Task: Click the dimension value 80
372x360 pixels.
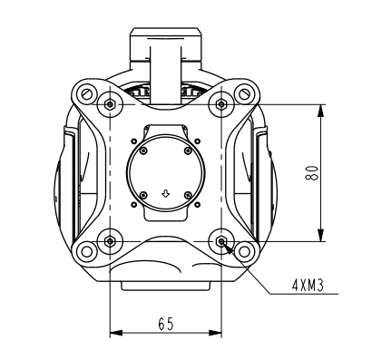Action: click(x=310, y=172)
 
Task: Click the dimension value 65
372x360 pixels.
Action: click(x=165, y=322)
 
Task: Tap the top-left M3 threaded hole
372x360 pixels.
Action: click(x=110, y=104)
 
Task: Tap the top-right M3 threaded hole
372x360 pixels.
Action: click(x=222, y=104)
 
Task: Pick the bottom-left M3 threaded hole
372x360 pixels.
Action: click(x=110, y=241)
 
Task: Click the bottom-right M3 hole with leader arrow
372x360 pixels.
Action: click(x=222, y=241)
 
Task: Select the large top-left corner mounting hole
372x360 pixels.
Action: click(x=85, y=92)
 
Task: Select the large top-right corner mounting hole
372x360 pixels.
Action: click(x=245, y=92)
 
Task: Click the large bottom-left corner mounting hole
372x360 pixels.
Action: click(x=85, y=252)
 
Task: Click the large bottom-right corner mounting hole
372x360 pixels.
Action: click(x=245, y=252)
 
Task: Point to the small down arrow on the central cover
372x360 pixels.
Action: click(x=165, y=192)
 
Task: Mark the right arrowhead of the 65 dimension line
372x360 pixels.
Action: click(x=218, y=334)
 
